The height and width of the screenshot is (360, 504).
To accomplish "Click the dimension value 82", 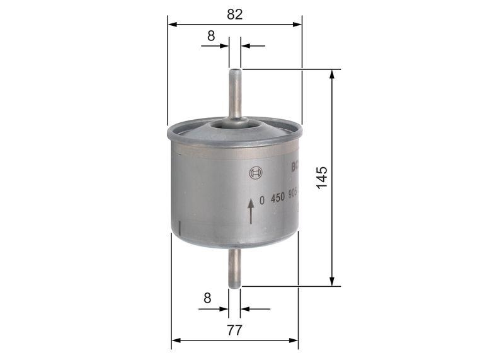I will pos(235,15).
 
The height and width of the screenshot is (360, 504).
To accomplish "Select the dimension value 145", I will pos(322,178).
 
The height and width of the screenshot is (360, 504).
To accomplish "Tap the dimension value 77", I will pos(234,329).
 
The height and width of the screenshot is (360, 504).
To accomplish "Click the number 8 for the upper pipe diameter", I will pos(212,36).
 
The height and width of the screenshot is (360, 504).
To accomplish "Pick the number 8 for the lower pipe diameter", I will pos(207,298).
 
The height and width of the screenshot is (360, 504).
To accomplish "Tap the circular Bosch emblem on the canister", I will pos(255,173).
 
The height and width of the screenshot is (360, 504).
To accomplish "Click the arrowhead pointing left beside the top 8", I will pos(246,46).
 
